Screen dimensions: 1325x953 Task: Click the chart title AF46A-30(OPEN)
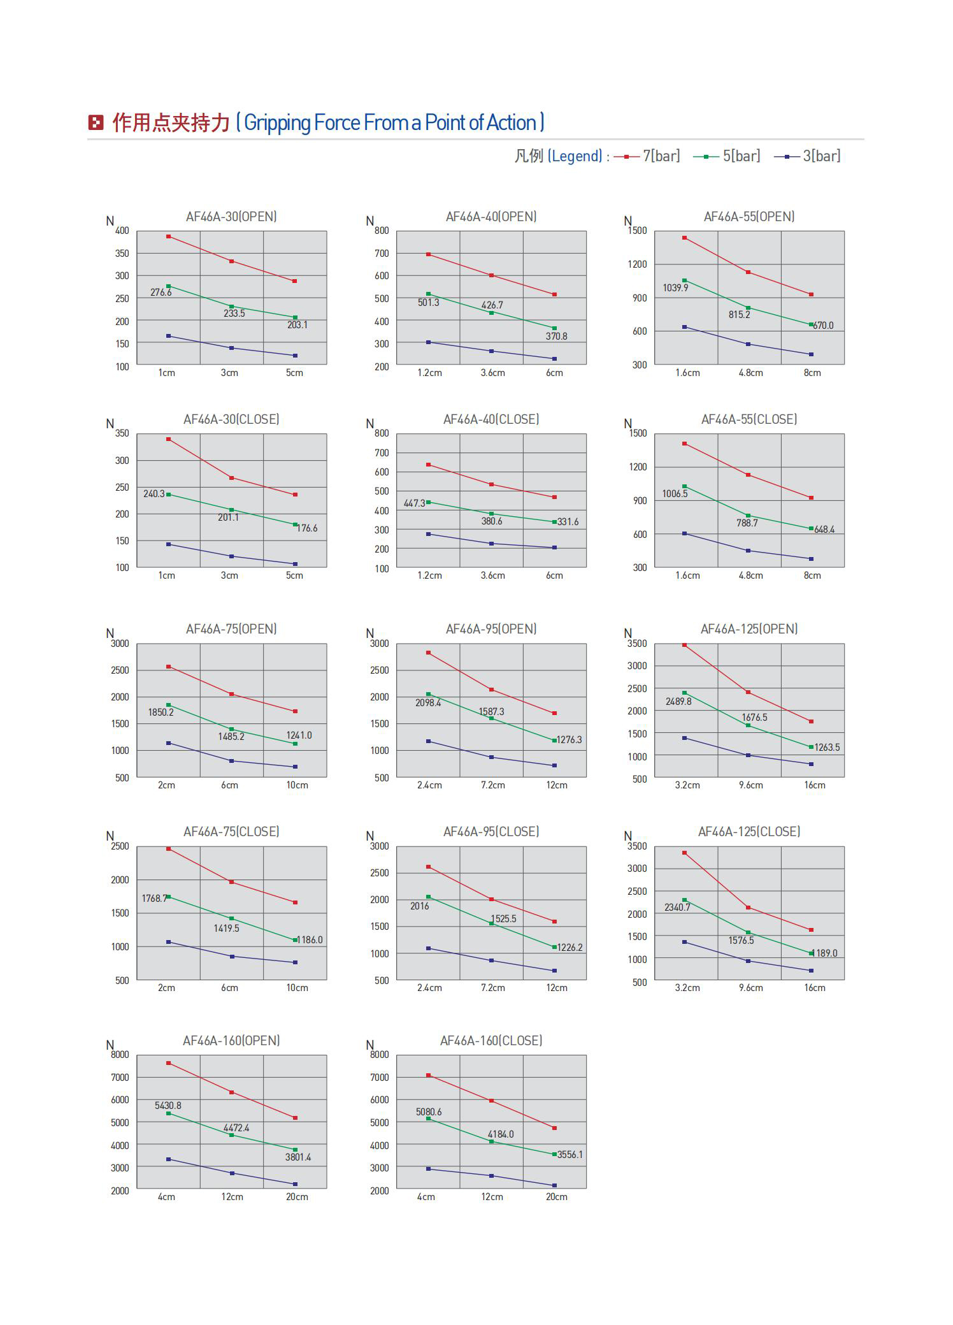231,217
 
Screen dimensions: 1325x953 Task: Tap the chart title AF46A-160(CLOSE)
491,1041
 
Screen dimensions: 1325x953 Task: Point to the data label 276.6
161,293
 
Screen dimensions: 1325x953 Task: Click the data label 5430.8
168,1106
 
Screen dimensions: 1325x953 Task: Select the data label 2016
420,906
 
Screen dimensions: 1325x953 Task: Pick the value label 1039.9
675,288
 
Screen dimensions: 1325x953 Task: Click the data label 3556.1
570,1155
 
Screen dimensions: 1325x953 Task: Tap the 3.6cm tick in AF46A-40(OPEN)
492,373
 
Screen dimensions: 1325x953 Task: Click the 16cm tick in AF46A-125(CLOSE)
815,988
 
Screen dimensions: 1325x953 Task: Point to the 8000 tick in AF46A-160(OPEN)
120,1055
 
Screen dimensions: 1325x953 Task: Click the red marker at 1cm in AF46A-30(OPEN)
169,236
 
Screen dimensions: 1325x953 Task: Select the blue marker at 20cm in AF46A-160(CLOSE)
554,1185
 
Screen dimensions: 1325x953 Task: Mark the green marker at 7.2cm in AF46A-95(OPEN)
491,718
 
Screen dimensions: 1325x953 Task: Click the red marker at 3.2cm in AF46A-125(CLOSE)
684,853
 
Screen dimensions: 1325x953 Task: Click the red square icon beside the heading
96,122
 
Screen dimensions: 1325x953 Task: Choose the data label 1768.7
154,899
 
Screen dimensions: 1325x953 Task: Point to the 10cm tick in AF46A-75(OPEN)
297,785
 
